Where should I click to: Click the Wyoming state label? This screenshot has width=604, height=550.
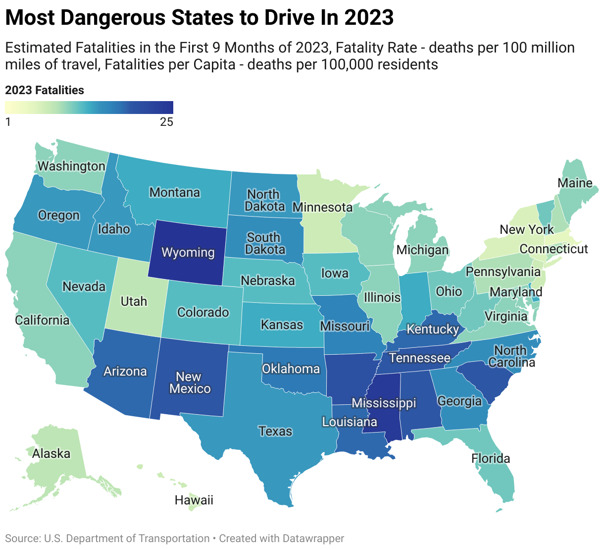pos(188,252)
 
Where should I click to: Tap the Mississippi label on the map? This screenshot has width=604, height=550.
pos(384,403)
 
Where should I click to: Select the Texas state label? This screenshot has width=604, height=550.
pos(275,432)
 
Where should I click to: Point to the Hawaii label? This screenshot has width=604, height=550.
pos(194,500)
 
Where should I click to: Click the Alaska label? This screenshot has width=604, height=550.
pos(51,453)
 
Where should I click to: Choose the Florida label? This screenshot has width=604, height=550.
pos(490,458)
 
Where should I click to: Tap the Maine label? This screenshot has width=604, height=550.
pos(575,183)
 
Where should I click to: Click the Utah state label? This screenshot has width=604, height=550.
pos(134,301)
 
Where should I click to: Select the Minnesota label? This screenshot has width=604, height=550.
pos(322,207)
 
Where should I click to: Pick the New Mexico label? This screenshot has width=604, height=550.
pos(190,383)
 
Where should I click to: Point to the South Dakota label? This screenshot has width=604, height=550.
pos(266,243)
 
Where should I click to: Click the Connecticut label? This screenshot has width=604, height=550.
pos(554,249)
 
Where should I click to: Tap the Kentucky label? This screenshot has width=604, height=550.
pos(433,329)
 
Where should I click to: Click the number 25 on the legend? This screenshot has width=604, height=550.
pos(166,122)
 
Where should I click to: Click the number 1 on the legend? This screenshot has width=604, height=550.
pos(8,122)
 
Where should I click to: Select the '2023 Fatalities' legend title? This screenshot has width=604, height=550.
pos(45,90)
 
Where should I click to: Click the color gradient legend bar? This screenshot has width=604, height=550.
pos(89,108)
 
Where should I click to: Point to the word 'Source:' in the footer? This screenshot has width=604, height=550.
pos(23,538)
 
